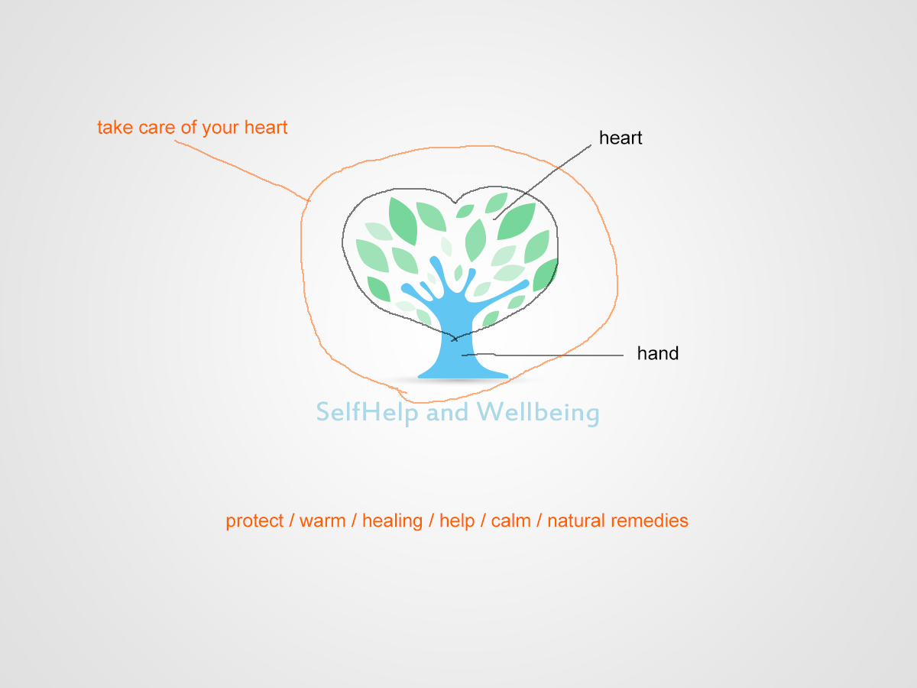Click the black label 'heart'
pyautogui.click(x=621, y=138)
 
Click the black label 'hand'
pyautogui.click(x=658, y=353)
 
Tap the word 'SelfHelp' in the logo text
pyautogui.click(x=368, y=412)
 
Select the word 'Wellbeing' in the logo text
pyautogui.click(x=538, y=413)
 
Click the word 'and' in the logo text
pyautogui.click(x=448, y=412)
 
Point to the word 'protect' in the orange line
pyautogui.click(x=254, y=521)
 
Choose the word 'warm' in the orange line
pyautogui.click(x=322, y=521)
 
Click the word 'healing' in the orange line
pyautogui.click(x=392, y=521)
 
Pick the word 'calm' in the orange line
pyautogui.click(x=511, y=521)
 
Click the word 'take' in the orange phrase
pyautogui.click(x=115, y=128)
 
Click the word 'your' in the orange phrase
pyautogui.click(x=220, y=128)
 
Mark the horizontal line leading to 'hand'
pyautogui.click(x=543, y=355)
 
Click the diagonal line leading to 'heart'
pyautogui.click(x=543, y=182)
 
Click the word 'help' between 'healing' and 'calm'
pyautogui.click(x=457, y=521)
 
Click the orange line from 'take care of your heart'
pyautogui.click(x=242, y=170)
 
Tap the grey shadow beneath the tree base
pyautogui.click(x=463, y=380)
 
